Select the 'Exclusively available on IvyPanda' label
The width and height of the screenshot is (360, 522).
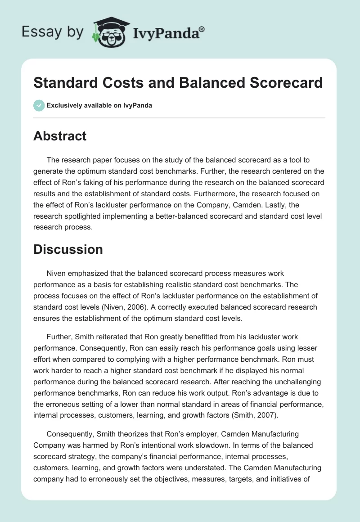(x=99, y=105)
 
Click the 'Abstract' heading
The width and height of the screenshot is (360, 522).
(x=60, y=136)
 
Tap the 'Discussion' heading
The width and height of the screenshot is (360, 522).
(x=68, y=249)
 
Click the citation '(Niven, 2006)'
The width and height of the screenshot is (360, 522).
(x=145, y=307)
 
